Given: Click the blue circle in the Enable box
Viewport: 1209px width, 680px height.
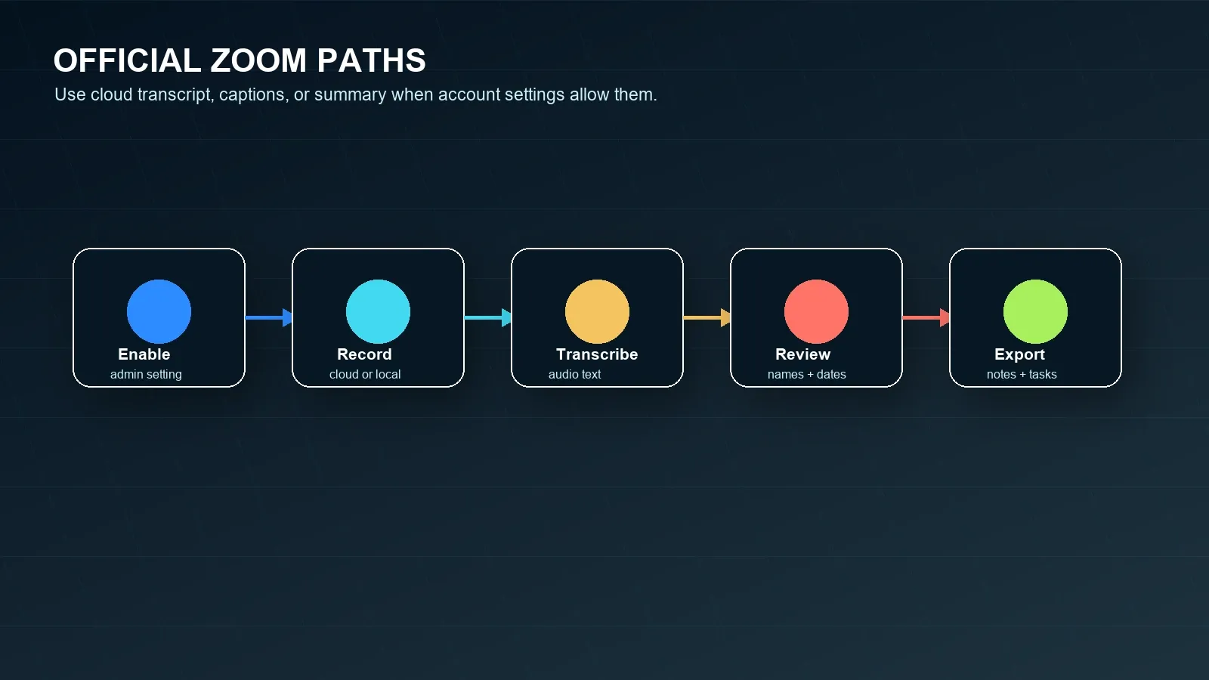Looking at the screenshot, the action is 159,311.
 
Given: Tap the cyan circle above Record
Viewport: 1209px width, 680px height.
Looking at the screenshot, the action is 378,311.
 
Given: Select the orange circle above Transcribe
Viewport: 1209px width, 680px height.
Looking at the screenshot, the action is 597,311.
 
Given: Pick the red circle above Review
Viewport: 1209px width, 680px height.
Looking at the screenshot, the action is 816,311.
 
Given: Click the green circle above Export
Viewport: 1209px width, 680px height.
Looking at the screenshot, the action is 1035,311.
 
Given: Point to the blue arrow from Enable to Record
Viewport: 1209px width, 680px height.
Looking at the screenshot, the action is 269,318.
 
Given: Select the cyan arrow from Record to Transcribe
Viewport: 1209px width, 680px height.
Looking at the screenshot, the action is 488,318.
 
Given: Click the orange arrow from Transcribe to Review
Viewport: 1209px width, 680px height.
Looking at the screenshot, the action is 707,318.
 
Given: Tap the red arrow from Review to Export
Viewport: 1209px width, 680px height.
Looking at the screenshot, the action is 926,318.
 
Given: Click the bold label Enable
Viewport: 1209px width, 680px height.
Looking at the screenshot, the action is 144,354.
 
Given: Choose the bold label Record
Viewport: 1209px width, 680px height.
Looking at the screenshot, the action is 364,354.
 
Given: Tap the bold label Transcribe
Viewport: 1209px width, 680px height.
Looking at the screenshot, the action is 597,354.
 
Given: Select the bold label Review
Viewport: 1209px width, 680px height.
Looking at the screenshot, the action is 802,354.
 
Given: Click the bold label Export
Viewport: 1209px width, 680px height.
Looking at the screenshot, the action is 1019,355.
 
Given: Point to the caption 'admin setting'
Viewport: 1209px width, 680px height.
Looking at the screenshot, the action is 146,375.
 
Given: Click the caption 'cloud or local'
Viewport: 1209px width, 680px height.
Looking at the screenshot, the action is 365,375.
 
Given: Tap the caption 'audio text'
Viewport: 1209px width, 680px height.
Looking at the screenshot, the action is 574,375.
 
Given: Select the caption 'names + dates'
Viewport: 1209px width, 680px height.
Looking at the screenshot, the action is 806,375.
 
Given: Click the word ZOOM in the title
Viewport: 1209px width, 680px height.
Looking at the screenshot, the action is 258,60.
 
